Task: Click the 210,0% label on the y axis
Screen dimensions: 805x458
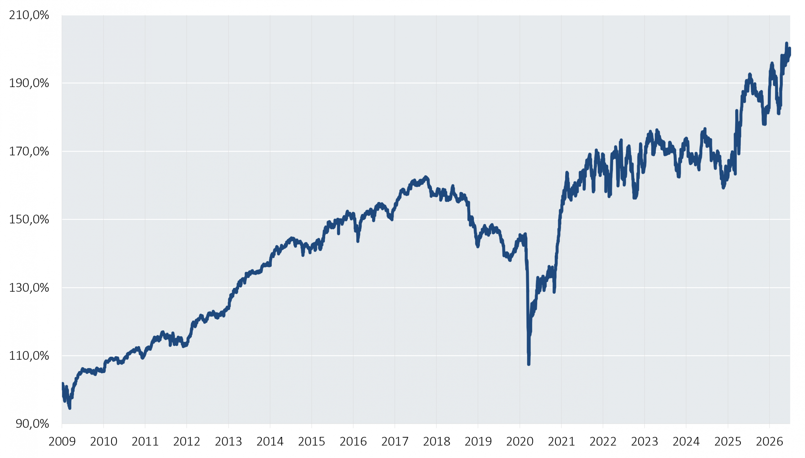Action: (29, 15)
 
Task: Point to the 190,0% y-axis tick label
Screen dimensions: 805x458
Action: (29, 83)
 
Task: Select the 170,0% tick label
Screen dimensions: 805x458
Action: (29, 151)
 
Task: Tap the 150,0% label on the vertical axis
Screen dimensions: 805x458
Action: (29, 219)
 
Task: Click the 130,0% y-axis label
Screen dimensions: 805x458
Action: (29, 288)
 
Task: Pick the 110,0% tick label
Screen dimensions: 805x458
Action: (29, 355)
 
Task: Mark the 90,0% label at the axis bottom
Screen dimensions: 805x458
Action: (32, 424)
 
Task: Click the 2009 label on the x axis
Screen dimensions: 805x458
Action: (62, 442)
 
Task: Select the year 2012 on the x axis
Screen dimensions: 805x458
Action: (187, 442)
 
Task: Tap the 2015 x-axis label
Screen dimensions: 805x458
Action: (312, 442)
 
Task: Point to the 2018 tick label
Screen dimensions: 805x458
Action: (436, 442)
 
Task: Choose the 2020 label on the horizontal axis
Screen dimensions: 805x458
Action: (520, 442)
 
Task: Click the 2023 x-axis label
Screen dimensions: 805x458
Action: (645, 442)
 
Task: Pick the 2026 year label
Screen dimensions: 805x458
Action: (769, 442)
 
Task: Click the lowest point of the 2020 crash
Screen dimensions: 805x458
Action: (529, 364)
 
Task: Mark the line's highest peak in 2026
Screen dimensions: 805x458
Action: (786, 43)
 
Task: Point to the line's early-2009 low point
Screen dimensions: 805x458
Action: (69, 408)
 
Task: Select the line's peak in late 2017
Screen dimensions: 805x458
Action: (426, 177)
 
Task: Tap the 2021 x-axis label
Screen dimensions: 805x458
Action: (561, 442)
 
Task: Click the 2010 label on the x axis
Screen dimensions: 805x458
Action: (103, 442)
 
